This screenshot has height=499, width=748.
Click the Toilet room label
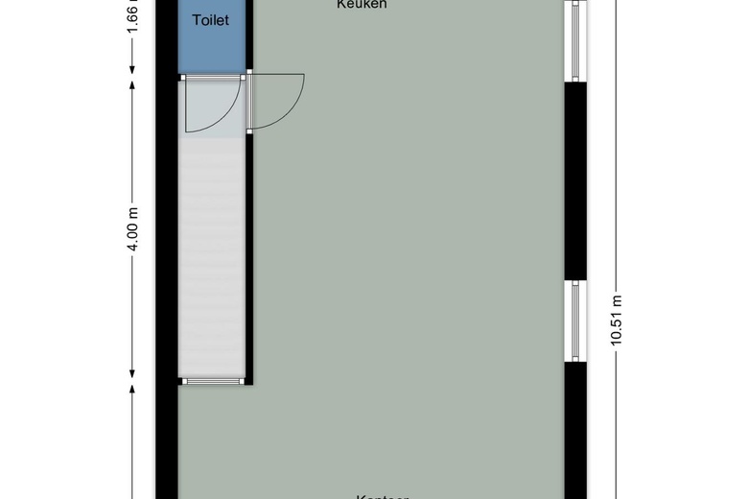coord(211,20)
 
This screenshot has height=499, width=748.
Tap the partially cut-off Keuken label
coord(362,5)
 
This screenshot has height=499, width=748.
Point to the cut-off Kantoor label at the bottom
coord(383,495)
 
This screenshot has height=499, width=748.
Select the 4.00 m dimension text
coord(133,227)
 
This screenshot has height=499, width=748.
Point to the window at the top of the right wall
coord(575,40)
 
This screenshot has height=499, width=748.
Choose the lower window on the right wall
coord(575,321)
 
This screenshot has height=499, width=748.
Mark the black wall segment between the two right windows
coord(575,181)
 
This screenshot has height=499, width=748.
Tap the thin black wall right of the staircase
coord(248,259)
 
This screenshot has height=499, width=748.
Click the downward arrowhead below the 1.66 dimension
coord(133,67)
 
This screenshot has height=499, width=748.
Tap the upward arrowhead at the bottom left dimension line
coord(133,390)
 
